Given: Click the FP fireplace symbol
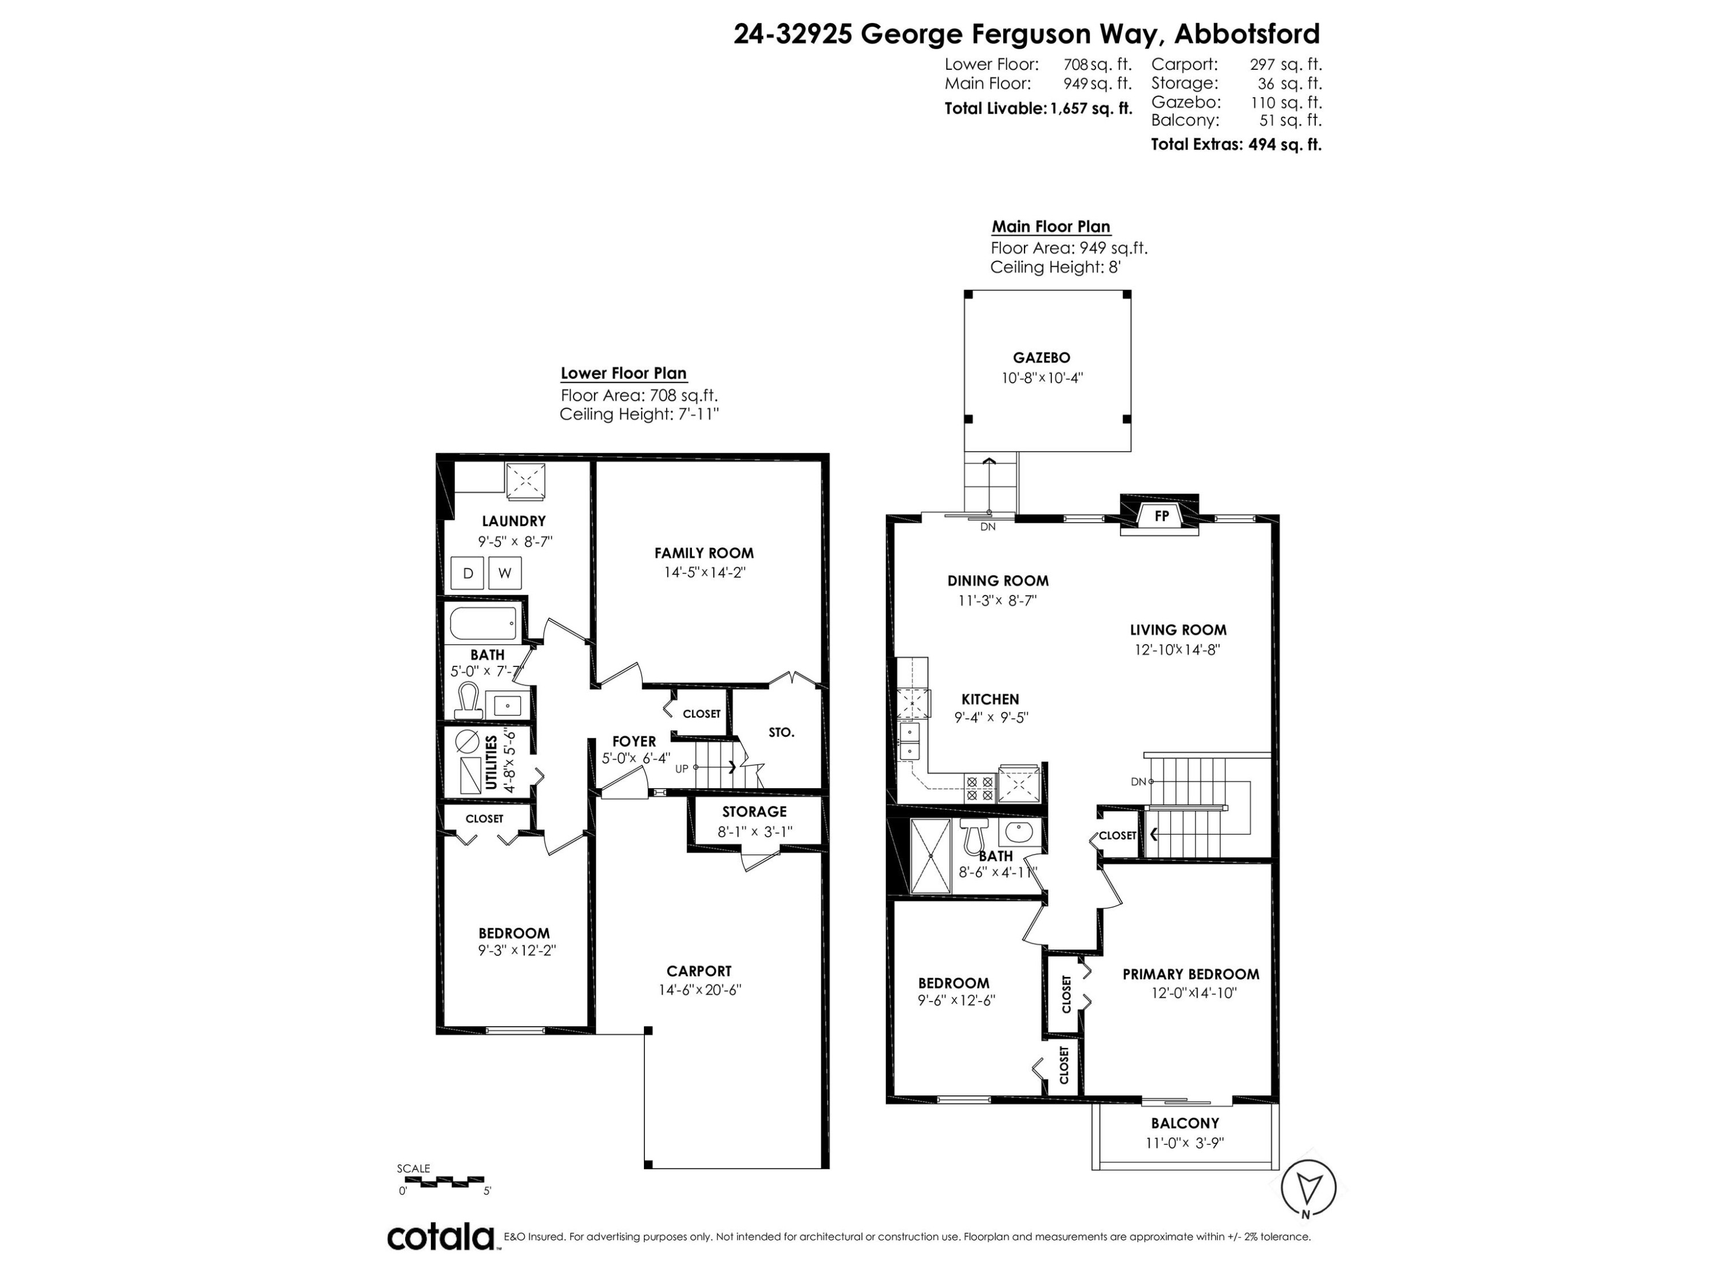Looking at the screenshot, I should click(x=1161, y=516).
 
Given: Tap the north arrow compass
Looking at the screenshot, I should click(x=1309, y=1187).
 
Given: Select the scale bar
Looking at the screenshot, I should click(x=441, y=1181).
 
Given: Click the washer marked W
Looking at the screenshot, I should click(x=505, y=573).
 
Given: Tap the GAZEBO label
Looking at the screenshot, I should click(x=1041, y=357).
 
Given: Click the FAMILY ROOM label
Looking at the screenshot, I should click(x=703, y=553).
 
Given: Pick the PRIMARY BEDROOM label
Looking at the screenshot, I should click(x=1190, y=974).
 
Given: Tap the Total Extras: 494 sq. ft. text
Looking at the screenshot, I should click(x=1235, y=144).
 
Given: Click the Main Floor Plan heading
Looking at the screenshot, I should click(x=1050, y=227).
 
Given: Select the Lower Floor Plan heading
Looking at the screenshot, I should click(x=623, y=373).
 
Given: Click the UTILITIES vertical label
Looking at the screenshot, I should click(x=490, y=762).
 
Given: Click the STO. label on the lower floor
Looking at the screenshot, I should click(x=781, y=732).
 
